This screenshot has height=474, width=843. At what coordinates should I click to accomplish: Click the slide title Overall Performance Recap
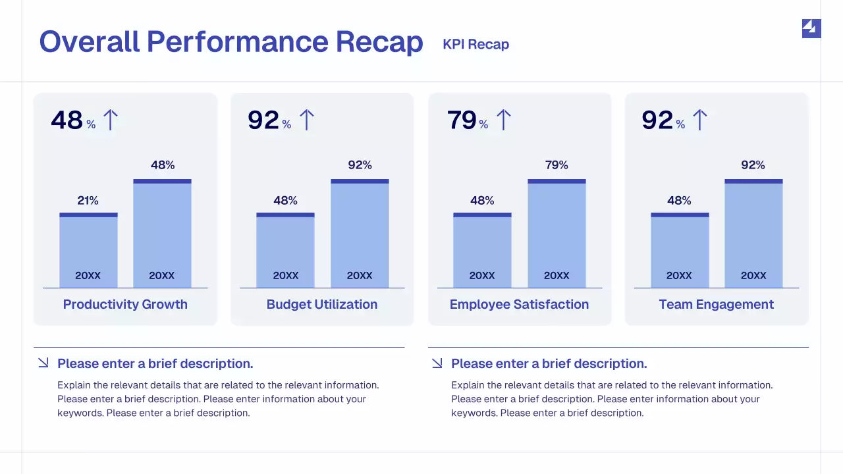(231, 42)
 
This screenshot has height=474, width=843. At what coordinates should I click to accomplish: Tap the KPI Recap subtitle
(476, 44)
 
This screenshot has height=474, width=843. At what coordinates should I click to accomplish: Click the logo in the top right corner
(811, 28)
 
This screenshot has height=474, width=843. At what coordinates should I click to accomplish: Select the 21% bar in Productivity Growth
(88, 250)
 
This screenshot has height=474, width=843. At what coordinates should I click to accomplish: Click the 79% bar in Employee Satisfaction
(557, 234)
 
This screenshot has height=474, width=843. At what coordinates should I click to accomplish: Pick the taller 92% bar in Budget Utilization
(360, 234)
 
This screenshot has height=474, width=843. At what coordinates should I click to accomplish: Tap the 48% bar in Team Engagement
(680, 250)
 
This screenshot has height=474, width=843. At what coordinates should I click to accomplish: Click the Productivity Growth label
(125, 304)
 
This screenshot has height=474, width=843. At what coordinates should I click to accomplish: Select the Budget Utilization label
(322, 304)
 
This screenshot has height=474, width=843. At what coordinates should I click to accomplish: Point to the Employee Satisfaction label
(519, 304)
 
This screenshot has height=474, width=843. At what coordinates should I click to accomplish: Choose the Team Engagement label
(717, 304)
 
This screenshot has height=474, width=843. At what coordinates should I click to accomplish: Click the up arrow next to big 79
(503, 120)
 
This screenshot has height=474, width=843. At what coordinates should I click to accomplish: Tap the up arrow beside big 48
(110, 120)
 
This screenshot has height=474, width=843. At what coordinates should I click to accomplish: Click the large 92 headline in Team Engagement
(657, 120)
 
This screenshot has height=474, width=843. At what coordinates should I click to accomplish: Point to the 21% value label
(88, 200)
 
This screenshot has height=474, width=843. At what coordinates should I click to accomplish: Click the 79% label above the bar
(557, 165)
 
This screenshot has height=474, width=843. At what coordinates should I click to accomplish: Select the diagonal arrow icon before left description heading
(43, 363)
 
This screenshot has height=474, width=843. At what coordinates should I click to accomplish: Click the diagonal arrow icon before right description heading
(437, 363)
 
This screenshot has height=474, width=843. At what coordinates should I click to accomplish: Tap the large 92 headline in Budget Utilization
(263, 120)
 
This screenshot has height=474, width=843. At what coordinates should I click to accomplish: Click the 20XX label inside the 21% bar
(88, 276)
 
